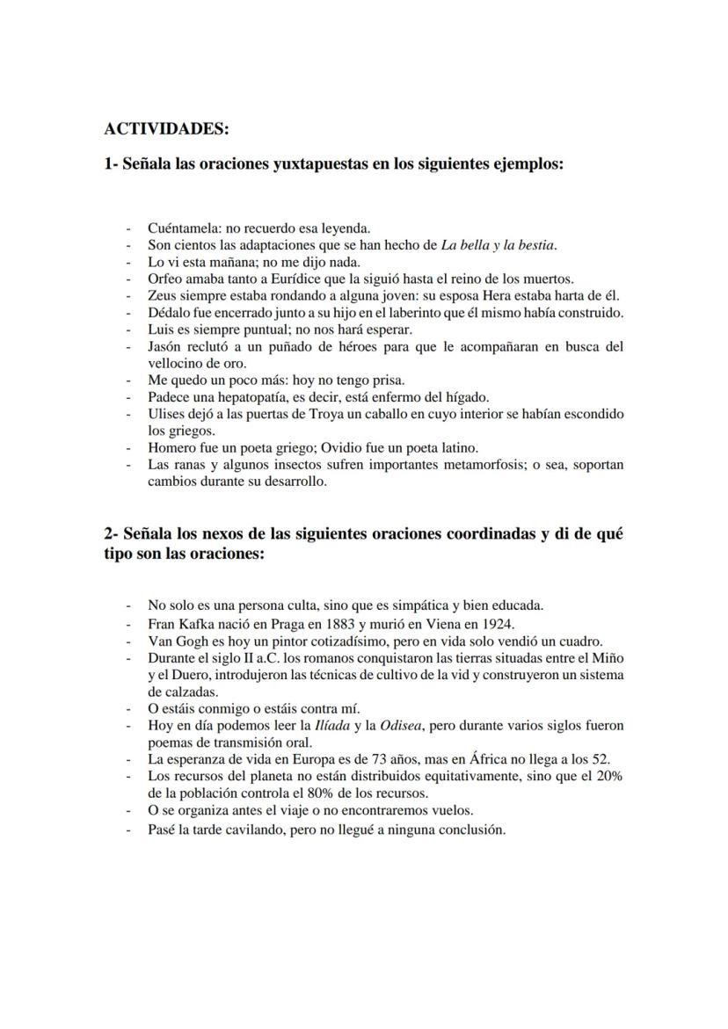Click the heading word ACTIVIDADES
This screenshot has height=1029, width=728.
(x=165, y=129)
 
